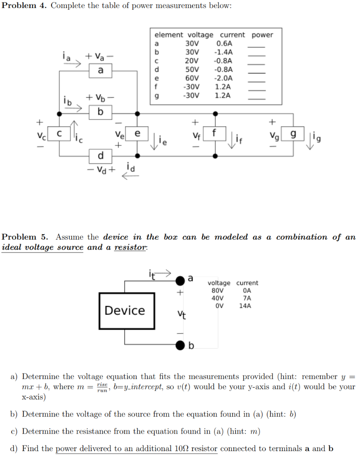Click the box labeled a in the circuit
tap(101, 70)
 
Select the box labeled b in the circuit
tap(101, 112)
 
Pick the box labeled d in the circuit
tap(101, 156)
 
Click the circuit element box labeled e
tap(138, 133)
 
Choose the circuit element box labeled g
tap(293, 133)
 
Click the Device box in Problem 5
tap(125, 310)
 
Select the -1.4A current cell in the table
tap(223, 52)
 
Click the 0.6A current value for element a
tap(224, 44)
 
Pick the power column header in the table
tap(262, 35)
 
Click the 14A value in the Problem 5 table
tap(245, 306)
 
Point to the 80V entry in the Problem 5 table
tap(217, 290)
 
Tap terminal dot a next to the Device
tap(180, 281)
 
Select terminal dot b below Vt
tap(180, 345)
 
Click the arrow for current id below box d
tap(130, 176)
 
